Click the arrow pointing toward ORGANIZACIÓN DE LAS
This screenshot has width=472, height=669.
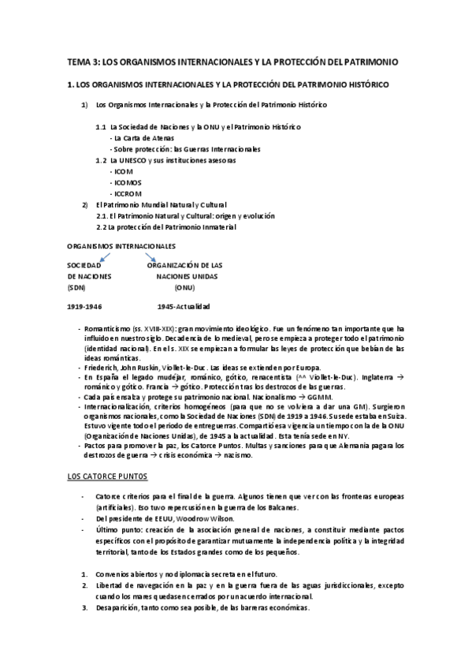coord(151,256)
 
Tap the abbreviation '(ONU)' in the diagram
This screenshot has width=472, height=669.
coord(184,288)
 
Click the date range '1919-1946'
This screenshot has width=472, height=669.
coord(84,307)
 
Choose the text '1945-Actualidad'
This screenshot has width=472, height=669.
coord(184,307)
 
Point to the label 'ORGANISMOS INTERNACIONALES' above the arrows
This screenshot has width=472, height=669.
coord(121,246)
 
